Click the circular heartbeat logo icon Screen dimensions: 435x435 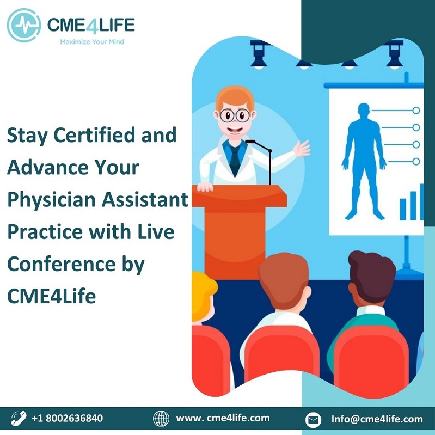pyautogui.click(x=24, y=25)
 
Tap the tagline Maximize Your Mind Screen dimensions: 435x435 pyautogui.click(x=92, y=42)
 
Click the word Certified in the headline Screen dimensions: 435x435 pyautogui.click(x=94, y=135)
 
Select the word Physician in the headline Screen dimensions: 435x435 pyautogui.click(x=52, y=200)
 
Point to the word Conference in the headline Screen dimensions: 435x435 pyautogui.click(x=62, y=264)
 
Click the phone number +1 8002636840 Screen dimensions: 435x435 pyautogui.click(x=68, y=418)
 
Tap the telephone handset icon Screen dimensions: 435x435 pyautogui.click(x=19, y=418)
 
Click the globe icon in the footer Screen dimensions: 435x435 pyautogui.click(x=161, y=419)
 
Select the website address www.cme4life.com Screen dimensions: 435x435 pyautogui.click(x=223, y=418)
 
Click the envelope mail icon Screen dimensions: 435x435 pyautogui.click(x=313, y=420)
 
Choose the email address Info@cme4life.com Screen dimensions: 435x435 pyautogui.click(x=377, y=419)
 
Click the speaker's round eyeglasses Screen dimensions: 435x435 pyautogui.click(x=235, y=115)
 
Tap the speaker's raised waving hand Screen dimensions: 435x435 pyautogui.click(x=302, y=149)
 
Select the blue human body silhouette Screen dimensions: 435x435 pyautogui.click(x=364, y=161)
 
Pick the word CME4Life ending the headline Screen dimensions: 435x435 pyautogui.click(x=52, y=296)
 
